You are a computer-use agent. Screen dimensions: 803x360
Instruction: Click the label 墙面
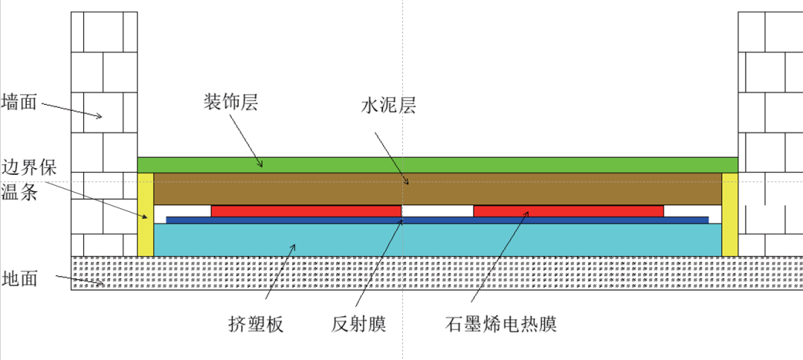point(20,101)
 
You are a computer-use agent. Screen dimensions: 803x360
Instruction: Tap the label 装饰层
point(230,103)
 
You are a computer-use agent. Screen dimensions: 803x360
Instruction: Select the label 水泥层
point(388,106)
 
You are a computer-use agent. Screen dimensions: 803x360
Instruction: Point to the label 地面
point(20,279)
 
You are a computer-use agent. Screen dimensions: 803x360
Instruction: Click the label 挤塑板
point(256,324)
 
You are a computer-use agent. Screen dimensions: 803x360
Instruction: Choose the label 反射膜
point(358,324)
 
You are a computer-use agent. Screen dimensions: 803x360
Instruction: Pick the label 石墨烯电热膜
point(500,324)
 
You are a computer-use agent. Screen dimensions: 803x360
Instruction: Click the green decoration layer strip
point(437,165)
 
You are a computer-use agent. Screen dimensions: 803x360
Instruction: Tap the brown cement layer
point(437,189)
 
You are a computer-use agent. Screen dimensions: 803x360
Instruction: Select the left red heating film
point(306,211)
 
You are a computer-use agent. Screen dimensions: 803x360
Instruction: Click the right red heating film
point(569,211)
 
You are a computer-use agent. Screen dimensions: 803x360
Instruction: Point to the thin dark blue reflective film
point(437,220)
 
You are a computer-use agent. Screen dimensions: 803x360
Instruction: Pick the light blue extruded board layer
point(437,240)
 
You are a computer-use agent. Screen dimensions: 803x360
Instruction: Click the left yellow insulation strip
point(146,214)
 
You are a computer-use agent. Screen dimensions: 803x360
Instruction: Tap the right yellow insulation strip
point(730,214)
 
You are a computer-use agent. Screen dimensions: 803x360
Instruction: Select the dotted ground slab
point(437,273)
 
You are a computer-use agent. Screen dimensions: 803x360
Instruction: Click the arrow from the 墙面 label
point(71,109)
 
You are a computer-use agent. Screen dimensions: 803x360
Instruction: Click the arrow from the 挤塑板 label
point(280,271)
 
